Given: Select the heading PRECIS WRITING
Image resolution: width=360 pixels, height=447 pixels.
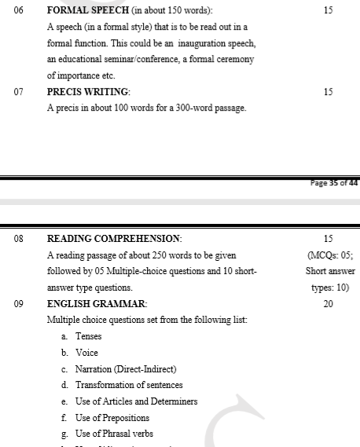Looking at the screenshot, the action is point(89,92).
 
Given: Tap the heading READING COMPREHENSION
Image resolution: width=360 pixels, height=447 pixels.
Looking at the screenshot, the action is point(114,238).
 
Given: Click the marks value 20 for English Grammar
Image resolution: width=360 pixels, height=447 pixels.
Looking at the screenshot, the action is point(328,303).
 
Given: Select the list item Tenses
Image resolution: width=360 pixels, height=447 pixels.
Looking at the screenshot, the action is point(88,336).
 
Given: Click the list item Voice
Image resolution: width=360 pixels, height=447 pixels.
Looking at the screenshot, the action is point(86,353).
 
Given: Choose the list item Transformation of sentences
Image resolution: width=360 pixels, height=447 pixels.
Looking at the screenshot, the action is point(129,385).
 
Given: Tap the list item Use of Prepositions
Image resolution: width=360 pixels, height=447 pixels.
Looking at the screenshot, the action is point(114,417).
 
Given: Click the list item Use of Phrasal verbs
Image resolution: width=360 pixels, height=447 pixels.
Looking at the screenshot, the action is point(114,434).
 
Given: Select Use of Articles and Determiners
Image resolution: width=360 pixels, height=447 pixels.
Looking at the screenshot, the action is point(136,401).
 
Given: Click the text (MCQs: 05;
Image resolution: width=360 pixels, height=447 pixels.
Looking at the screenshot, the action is point(329,255).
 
